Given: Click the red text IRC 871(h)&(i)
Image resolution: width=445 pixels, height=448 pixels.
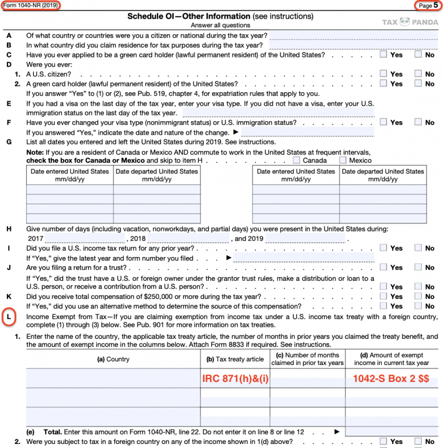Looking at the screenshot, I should point(235,378).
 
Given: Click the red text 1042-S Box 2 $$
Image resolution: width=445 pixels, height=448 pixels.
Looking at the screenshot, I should point(391,378).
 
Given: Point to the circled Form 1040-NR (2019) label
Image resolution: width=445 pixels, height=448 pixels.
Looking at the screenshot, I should point(30,5).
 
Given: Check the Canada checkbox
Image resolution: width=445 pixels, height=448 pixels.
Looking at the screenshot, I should point(297,160).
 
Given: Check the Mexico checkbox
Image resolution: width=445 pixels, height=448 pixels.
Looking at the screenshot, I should point(343,160).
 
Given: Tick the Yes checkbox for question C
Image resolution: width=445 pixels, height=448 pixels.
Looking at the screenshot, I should point(384,55).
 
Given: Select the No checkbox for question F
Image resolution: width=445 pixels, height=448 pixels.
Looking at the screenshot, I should point(418,122).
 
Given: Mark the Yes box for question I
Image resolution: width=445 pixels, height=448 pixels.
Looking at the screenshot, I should point(384,248).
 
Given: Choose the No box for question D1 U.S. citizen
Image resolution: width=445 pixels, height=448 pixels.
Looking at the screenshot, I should point(418,74).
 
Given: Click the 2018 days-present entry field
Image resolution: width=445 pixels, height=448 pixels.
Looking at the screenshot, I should point(188,239).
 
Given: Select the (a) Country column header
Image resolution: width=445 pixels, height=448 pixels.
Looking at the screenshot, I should point(113,359).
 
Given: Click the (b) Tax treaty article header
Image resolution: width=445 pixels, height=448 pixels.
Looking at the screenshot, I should point(235,359).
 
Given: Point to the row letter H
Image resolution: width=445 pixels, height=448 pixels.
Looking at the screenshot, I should point(9,229).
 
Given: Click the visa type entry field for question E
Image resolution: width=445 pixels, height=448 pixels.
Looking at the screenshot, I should point(278,113).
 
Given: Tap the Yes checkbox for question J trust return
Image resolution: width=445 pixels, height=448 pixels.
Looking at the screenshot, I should point(384,268).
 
